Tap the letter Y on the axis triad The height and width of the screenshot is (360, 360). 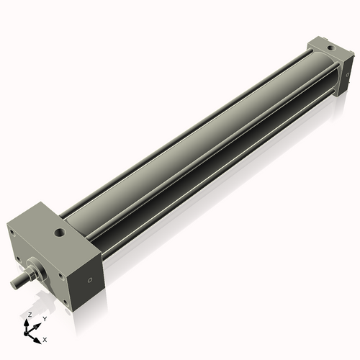pos(44,318)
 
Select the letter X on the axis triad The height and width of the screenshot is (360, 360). pos(45,338)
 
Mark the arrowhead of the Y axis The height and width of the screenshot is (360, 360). pos(38,323)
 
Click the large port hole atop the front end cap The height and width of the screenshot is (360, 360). pos(58,234)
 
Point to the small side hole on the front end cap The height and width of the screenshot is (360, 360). pos(89,280)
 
